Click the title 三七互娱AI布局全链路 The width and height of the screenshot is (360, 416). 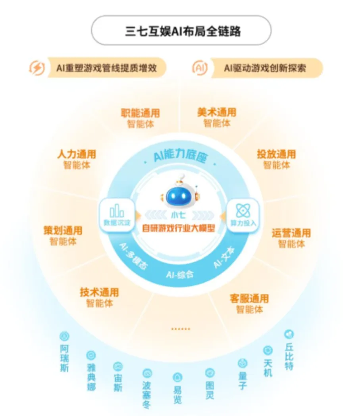point(183,31)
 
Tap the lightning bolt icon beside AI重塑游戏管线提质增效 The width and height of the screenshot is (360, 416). point(37,68)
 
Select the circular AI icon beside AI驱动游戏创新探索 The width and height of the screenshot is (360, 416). point(200,68)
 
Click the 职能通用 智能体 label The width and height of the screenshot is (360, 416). point(141,118)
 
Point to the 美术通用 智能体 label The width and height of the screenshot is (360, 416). point(217,117)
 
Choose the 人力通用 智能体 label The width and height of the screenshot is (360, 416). point(77,159)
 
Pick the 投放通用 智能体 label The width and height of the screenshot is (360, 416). point(276,159)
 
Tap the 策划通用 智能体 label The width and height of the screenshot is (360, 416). point(63,236)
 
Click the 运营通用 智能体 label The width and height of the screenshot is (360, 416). point(291,238)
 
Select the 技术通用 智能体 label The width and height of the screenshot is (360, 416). point(100,297)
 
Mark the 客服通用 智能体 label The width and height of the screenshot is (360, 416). point(249,304)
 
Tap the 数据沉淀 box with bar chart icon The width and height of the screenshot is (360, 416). point(117,215)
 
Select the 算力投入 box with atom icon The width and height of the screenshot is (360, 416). point(243,215)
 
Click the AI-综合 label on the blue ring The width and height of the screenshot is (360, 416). point(180,274)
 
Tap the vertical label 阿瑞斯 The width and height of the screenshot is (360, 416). point(64,358)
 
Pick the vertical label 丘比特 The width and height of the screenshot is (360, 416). point(289,356)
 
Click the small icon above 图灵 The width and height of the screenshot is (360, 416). point(210,373)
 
